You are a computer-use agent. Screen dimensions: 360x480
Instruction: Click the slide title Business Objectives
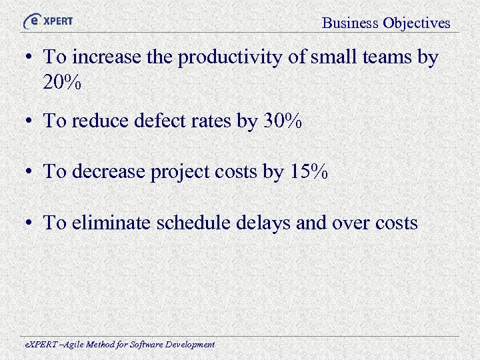(x=386, y=23)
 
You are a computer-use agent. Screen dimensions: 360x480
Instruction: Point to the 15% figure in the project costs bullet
(x=309, y=172)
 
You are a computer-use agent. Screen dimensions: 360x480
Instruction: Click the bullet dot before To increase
(x=31, y=59)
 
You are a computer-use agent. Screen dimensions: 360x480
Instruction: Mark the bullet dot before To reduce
(x=31, y=122)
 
